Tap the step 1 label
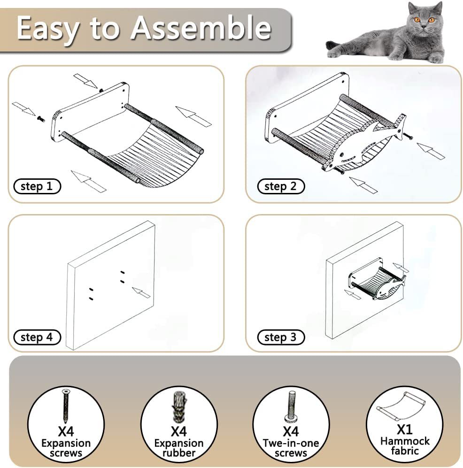(x=37, y=186)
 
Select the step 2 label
(x=281, y=186)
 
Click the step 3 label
(x=281, y=338)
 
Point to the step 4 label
(x=37, y=338)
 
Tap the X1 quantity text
(x=405, y=430)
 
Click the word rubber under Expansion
(x=179, y=453)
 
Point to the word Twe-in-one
(x=291, y=443)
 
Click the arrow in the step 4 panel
(x=141, y=292)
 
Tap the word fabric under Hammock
(x=405, y=450)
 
